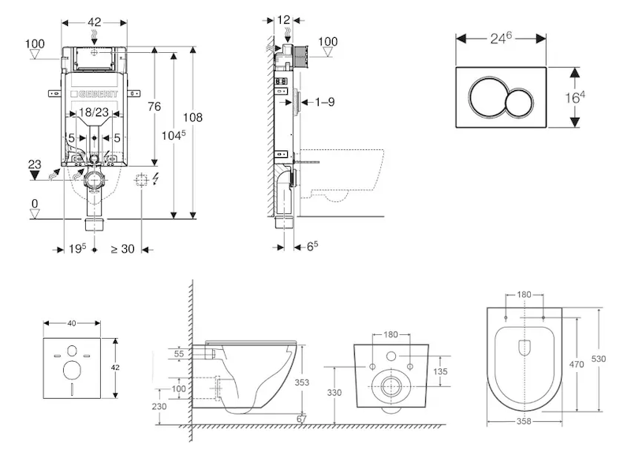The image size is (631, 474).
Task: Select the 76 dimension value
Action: tap(155, 107)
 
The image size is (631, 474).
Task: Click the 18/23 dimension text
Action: tap(95, 114)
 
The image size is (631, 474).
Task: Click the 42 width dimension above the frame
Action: tap(95, 22)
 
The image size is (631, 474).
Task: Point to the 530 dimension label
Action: tap(599, 358)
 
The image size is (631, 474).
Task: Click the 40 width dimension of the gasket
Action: tap(73, 323)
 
